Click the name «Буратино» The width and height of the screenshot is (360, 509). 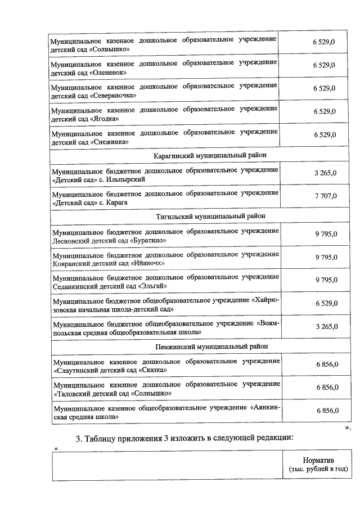(148, 241)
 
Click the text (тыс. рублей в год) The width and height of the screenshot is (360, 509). (318, 469)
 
